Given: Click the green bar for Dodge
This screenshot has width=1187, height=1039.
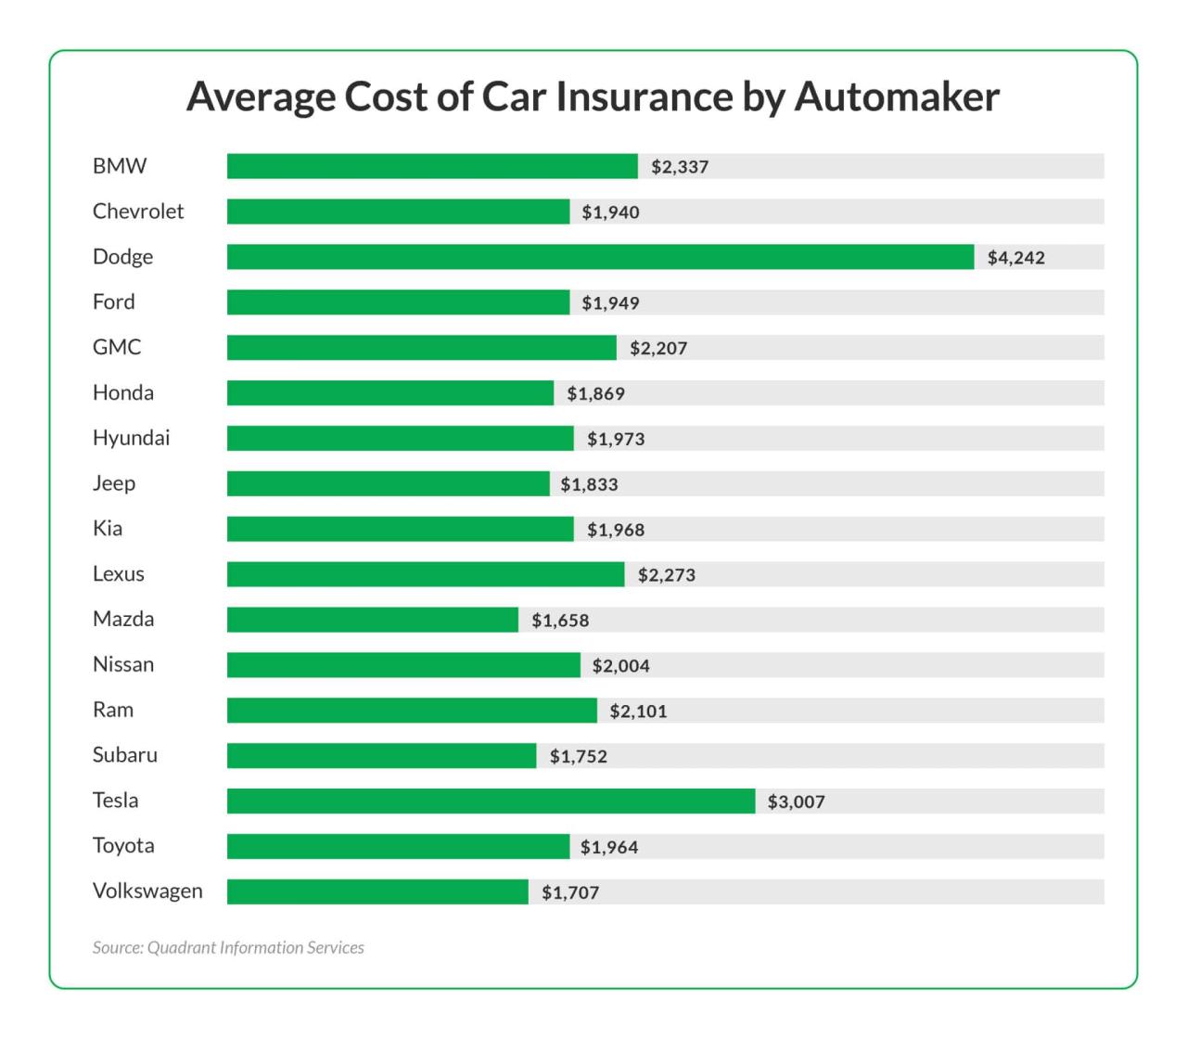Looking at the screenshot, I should click(600, 257).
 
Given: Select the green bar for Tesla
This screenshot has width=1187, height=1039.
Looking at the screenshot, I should click(491, 802).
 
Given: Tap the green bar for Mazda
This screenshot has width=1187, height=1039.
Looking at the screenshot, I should click(372, 620).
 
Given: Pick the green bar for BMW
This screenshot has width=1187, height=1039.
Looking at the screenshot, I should click(432, 166).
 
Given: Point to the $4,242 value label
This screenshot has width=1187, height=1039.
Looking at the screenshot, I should click(1015, 258).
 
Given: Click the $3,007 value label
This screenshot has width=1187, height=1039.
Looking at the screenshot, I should click(796, 802).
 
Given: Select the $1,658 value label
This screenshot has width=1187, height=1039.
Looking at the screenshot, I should click(560, 621).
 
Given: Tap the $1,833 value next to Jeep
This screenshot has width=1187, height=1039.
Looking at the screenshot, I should click(589, 484).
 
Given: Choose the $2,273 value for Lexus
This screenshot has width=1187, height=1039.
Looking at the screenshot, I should click(666, 575).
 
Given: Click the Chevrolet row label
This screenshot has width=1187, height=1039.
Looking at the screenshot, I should click(138, 212).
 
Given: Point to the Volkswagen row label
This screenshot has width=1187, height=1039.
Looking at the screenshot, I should click(147, 891).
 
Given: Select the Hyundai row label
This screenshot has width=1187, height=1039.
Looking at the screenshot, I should click(131, 438).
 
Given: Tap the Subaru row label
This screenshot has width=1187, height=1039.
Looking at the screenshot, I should click(125, 755).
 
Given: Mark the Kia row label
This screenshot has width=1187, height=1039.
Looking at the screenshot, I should click(108, 529).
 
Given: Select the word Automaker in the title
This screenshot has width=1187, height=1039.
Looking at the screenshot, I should click(897, 96).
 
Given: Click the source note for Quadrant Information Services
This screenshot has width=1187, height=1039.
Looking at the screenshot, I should click(228, 947).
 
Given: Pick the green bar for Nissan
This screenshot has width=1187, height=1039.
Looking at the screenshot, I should click(403, 665).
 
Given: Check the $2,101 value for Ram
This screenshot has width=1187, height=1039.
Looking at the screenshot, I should click(638, 712).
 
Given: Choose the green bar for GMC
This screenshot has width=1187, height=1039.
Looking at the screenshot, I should click(421, 348).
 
